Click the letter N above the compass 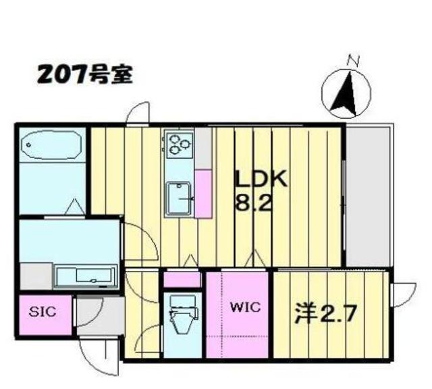coord(352,60)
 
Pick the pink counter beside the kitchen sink coord(202,192)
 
